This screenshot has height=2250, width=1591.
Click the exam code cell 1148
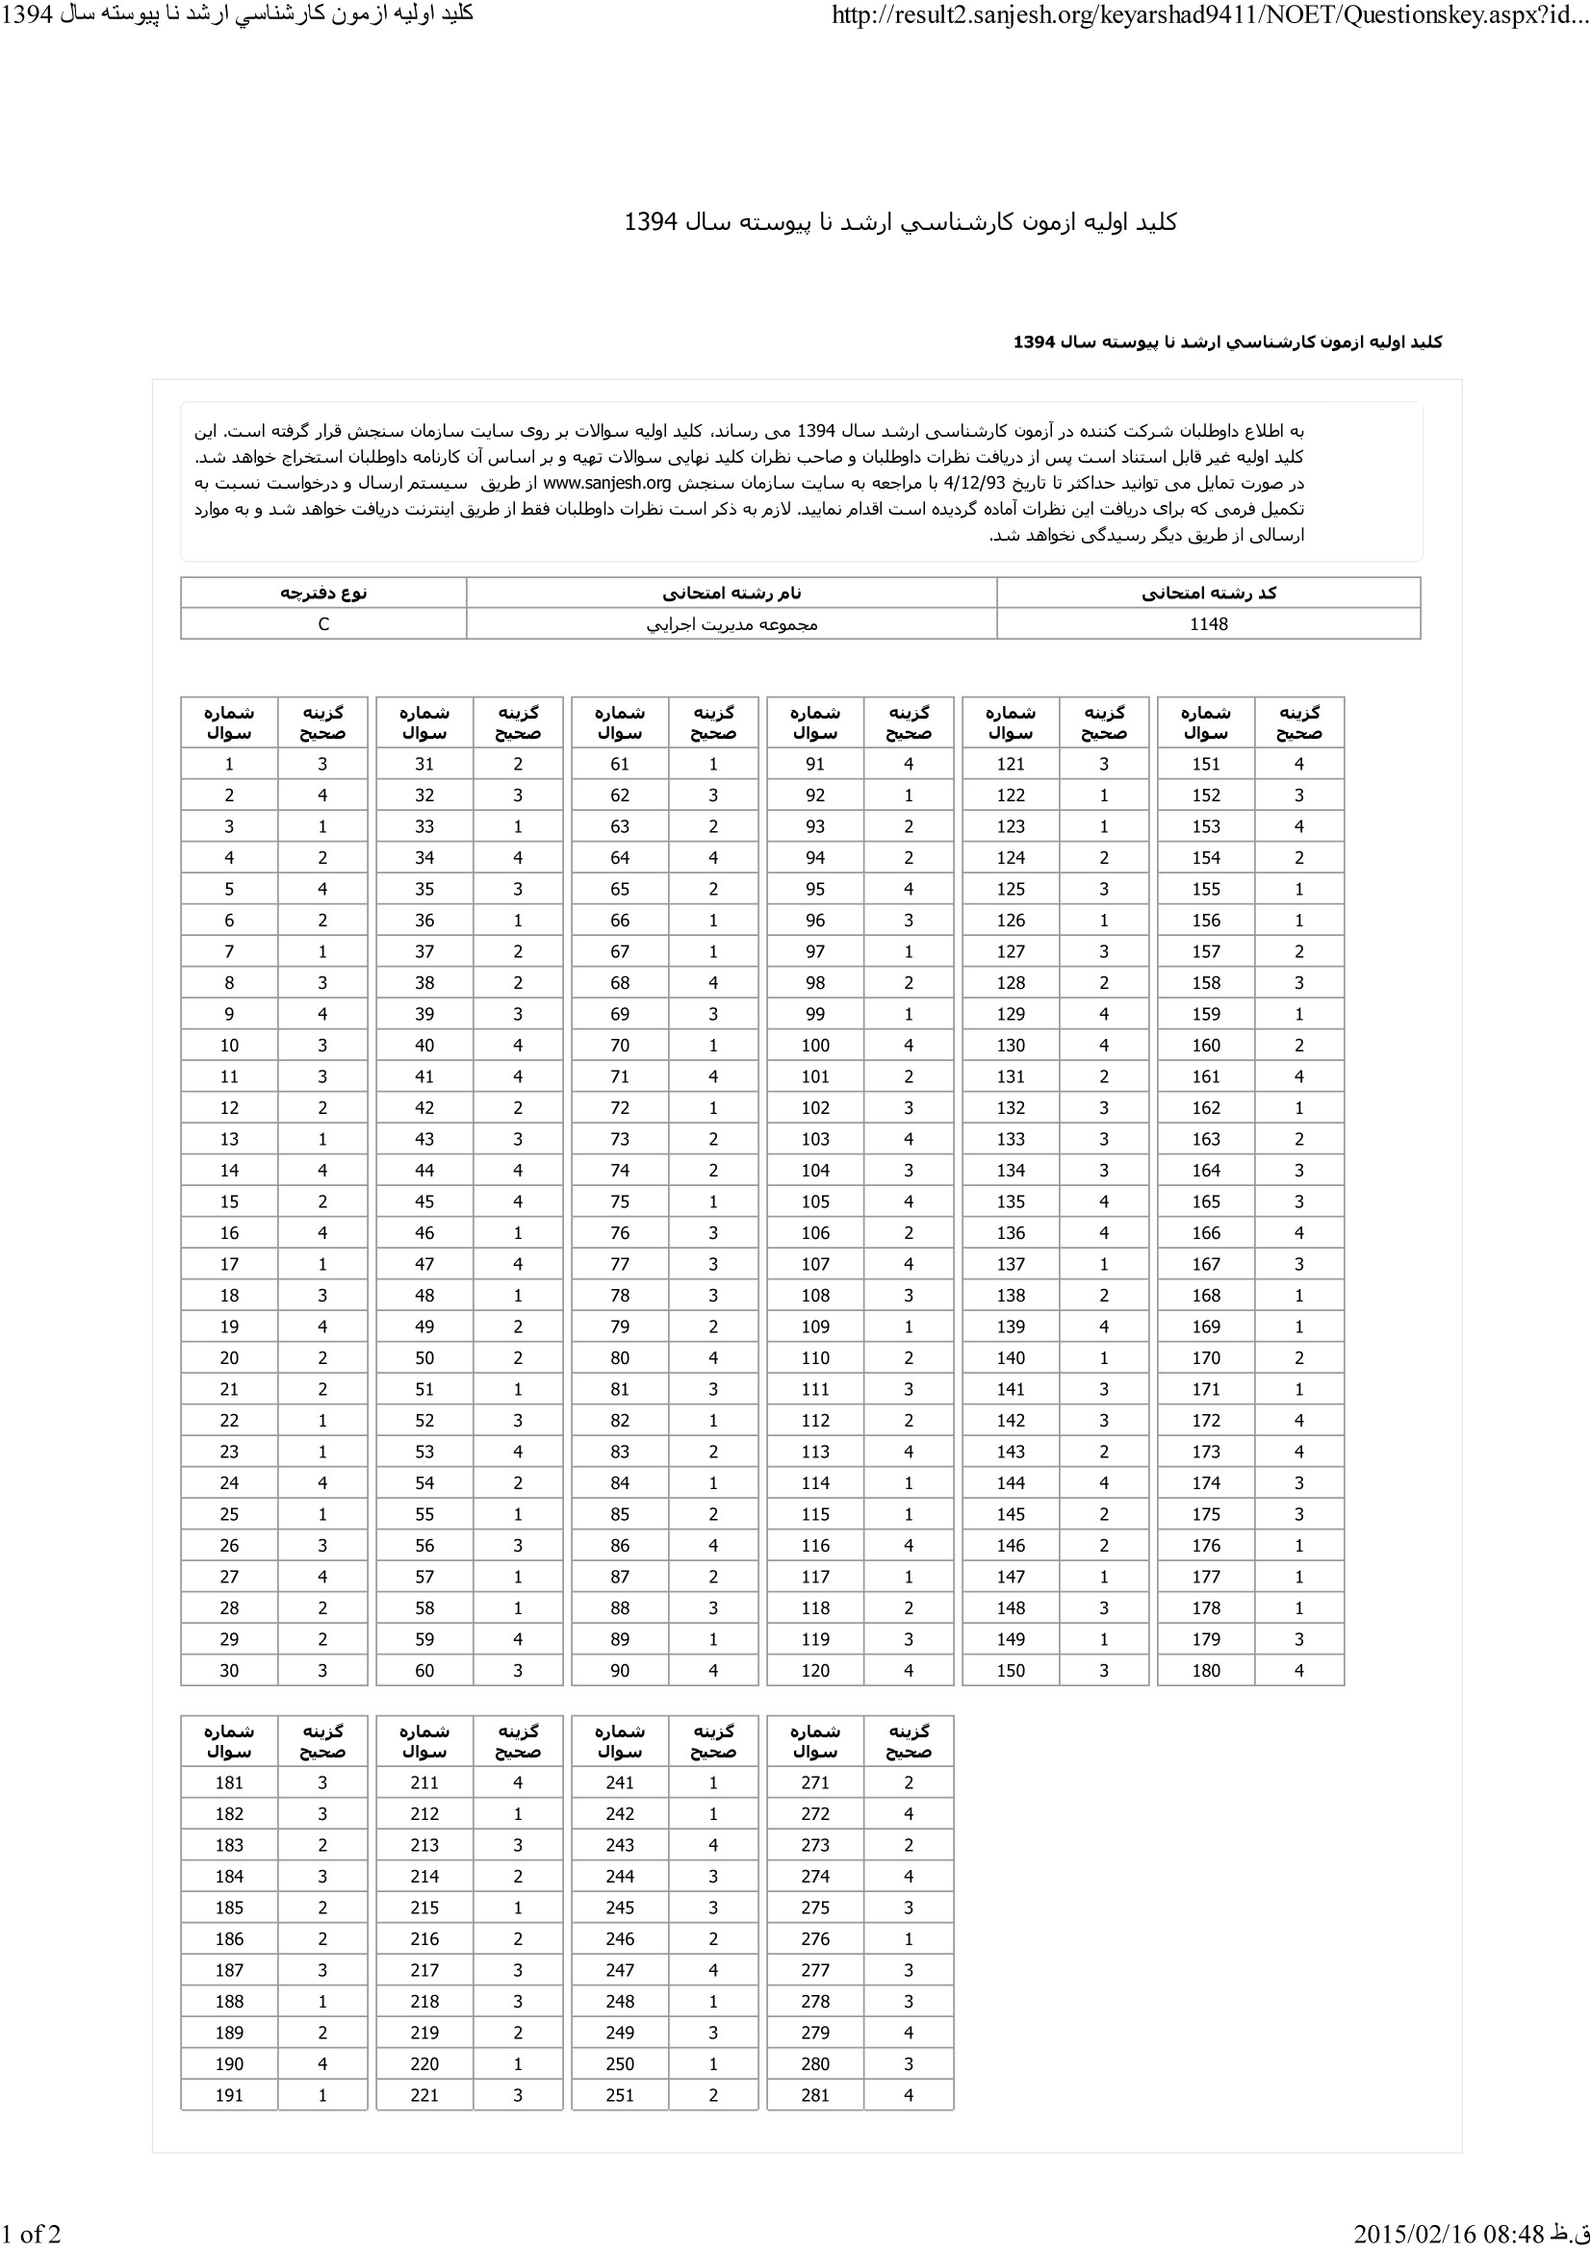click(x=1208, y=624)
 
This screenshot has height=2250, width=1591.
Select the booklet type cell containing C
click(x=323, y=624)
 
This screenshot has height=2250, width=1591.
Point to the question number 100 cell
click(x=814, y=1046)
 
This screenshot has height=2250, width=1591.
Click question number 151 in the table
click(x=1205, y=765)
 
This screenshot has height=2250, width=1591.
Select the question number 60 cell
click(x=423, y=1671)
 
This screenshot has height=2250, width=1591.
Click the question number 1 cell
click(x=228, y=765)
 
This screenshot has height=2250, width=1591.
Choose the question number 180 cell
click(x=1205, y=1671)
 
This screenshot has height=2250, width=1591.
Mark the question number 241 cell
click(x=620, y=1782)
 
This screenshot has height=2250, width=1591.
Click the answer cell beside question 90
click(x=712, y=1671)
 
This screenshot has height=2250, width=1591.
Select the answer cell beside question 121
click(x=1103, y=765)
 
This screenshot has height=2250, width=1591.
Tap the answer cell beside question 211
click(x=518, y=1782)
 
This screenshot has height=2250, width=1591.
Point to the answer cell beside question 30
click(x=322, y=1671)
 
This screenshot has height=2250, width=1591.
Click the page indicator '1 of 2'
click(x=32, y=2234)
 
